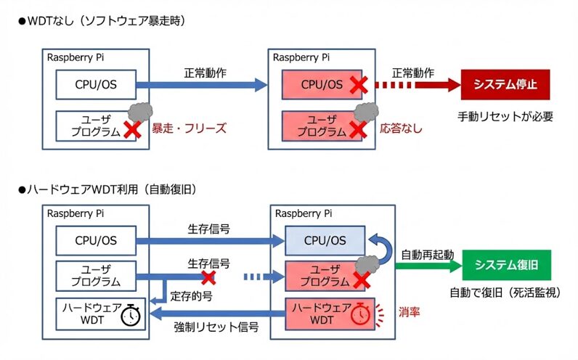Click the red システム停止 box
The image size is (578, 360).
coord(505,85)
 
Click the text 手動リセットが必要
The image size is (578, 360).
coord(505,116)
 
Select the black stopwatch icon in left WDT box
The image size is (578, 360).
coord(131,314)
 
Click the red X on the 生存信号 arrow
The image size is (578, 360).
coord(208,277)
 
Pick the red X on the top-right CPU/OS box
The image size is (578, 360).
coord(357,86)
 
